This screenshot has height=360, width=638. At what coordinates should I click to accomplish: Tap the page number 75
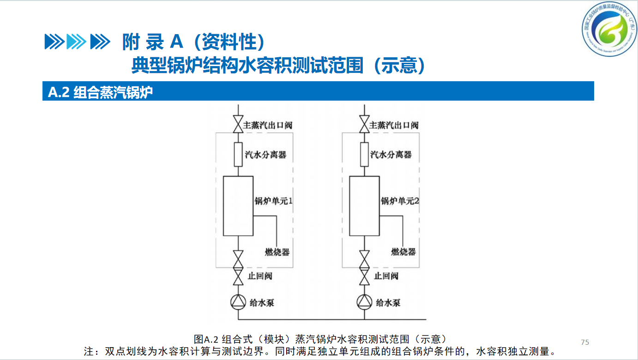tap(585, 342)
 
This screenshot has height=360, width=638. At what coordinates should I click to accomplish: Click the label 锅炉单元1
tap(274, 201)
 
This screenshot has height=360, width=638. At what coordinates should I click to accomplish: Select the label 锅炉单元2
tap(400, 201)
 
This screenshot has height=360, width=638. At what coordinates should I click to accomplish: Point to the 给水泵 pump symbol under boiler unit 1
tap(238, 302)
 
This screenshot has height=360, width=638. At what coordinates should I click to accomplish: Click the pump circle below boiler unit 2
tap(364, 302)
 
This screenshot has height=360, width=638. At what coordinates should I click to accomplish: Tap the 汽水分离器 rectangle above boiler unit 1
tap(238, 154)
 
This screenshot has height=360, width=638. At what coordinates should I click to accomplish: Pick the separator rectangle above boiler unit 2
tap(364, 154)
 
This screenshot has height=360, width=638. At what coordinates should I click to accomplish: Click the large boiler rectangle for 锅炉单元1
tap(238, 206)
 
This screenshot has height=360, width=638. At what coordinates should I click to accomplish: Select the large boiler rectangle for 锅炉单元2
tap(364, 206)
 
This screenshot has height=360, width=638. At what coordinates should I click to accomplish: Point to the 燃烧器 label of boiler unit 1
tap(277, 252)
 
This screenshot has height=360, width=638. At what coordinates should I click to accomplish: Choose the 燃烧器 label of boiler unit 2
tap(403, 252)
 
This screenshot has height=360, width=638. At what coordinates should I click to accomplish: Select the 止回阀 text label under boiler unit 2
tap(386, 276)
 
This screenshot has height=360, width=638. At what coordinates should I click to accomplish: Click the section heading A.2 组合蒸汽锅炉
tap(100, 92)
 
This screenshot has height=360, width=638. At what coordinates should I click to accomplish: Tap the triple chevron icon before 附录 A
tap(77, 42)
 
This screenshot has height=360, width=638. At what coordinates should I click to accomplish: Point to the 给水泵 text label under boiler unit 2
tap(388, 303)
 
